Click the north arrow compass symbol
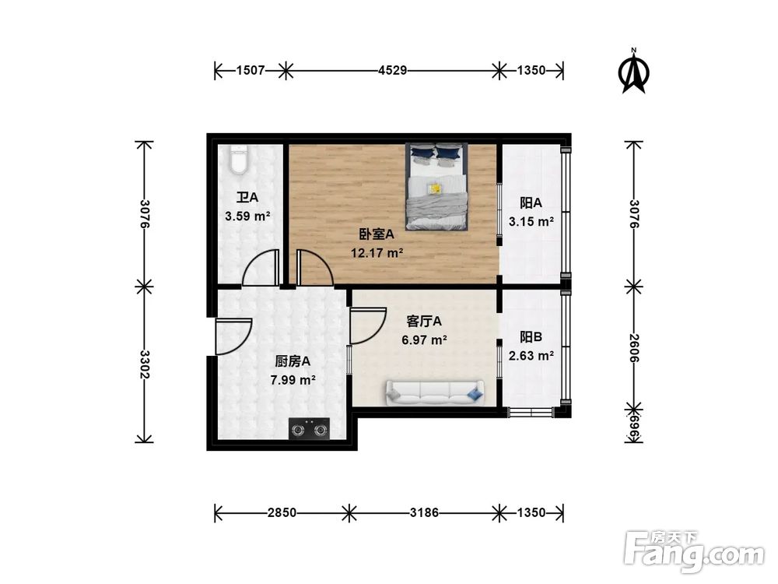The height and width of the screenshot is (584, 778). point(634,72)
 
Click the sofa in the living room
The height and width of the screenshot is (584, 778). point(434,393)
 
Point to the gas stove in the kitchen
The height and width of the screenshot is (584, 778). point(310,428)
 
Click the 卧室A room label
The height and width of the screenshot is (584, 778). point(377,234)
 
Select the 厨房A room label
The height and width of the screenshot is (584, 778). point(293,361)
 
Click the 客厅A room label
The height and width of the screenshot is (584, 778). point(425,321)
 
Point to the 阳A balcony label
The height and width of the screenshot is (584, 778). point(531,202)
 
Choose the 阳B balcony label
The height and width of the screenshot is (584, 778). point(531,337)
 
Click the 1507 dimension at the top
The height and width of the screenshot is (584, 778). point(250,71)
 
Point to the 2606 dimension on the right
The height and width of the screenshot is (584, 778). point(634,347)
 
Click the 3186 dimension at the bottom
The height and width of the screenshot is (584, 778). point(425,513)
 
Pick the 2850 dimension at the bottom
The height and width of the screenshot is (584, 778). point(281,513)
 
